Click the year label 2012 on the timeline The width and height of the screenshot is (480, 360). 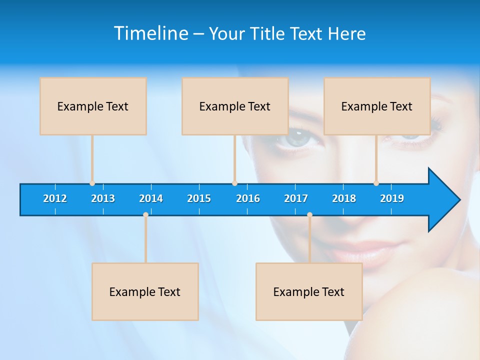coord(55,198)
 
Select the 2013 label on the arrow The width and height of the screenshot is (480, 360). coord(103,198)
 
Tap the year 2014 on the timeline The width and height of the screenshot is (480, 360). coord(151,198)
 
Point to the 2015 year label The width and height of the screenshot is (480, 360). coord(199,198)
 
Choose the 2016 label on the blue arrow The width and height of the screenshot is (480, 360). coord(248,198)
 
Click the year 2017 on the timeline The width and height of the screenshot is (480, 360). coord(296,198)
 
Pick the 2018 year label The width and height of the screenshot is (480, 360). coord(344,198)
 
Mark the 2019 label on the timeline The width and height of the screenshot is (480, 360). coord(392,198)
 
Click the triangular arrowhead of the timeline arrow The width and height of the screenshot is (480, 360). coord(443,200)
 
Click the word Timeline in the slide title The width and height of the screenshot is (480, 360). coord(150,33)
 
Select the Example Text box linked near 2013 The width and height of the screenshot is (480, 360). coord(93,106)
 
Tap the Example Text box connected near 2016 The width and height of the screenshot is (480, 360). coord(235,106)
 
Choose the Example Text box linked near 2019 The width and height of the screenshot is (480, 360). coord(377,106)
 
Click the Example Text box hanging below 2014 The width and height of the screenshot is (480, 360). coord(145,291)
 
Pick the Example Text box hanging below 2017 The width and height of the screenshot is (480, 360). coord(309,291)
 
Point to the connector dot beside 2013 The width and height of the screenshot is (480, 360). coord(92,183)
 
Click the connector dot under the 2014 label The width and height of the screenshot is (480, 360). coord(145,214)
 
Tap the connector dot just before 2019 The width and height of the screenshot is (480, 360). coord(376,183)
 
